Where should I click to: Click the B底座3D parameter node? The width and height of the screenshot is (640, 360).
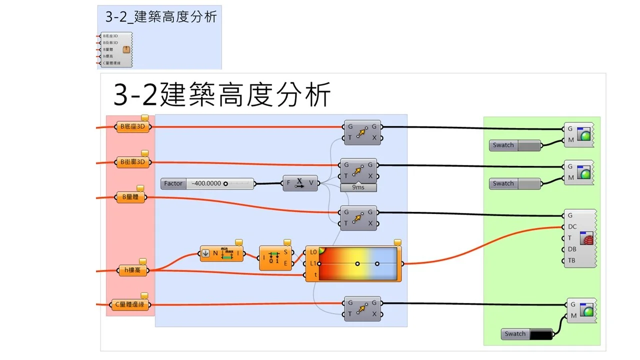(x=133, y=127)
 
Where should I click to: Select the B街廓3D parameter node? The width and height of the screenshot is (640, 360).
(x=133, y=162)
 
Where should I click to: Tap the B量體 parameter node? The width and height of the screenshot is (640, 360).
(x=131, y=197)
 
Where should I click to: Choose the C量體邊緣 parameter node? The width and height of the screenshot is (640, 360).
(x=129, y=304)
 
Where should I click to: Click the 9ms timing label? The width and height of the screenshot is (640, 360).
(x=358, y=187)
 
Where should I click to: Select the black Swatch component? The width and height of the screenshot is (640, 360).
(x=527, y=334)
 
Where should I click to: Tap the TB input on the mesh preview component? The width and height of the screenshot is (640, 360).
(x=571, y=260)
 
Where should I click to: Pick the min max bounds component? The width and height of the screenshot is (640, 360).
(x=222, y=253)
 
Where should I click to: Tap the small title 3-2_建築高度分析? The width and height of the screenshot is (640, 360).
(x=161, y=16)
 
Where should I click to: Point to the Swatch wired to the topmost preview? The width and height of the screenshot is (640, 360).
(x=515, y=145)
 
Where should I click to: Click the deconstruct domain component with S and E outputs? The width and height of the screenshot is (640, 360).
(x=275, y=258)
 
